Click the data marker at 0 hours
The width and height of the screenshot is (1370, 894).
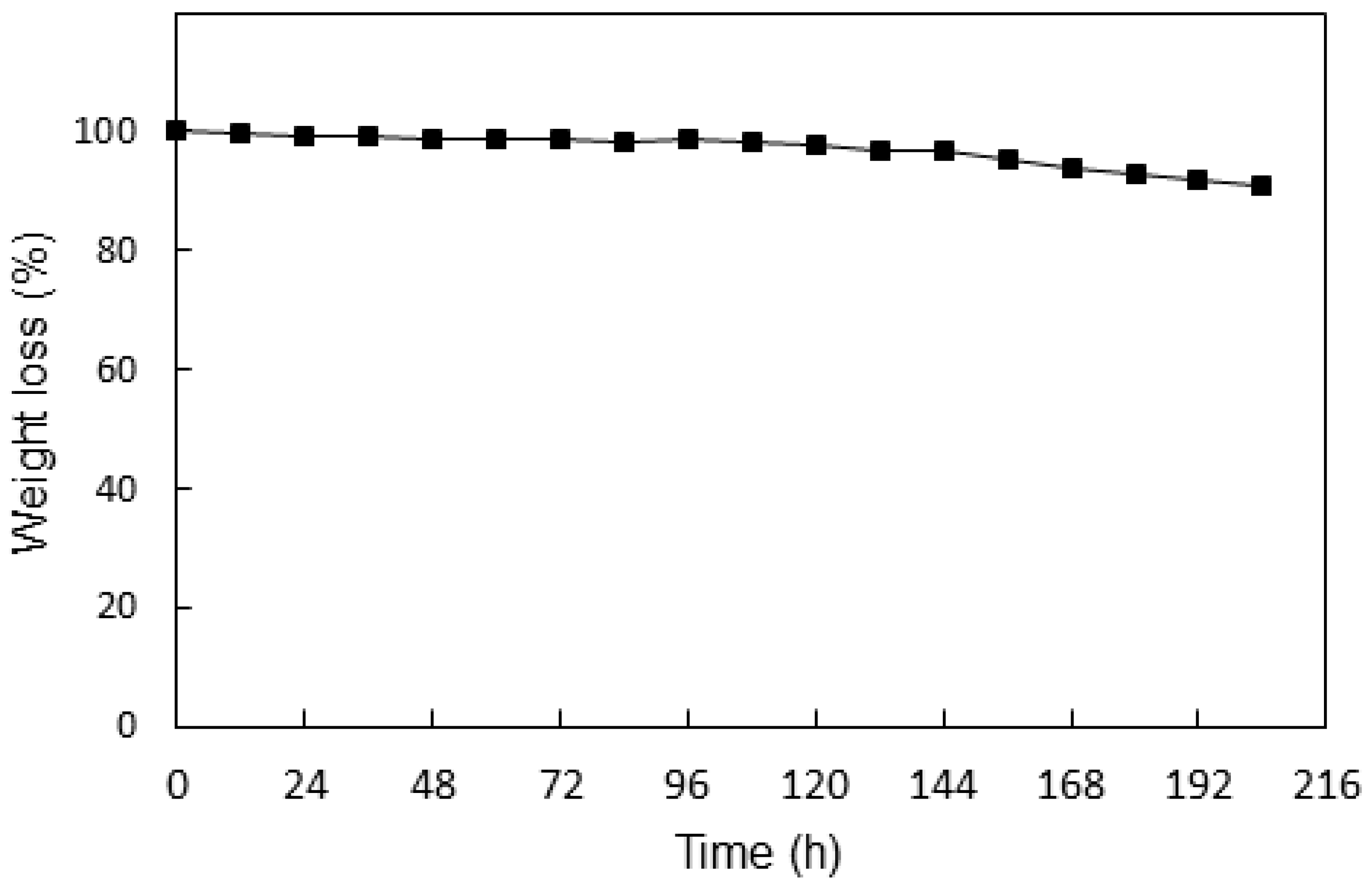[x=176, y=131]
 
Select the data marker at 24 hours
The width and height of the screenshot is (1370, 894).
[x=304, y=136]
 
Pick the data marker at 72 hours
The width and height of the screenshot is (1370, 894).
[x=560, y=139]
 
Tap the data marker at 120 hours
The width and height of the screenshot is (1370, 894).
[x=816, y=145]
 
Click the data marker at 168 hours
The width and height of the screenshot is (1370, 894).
[x=1072, y=169]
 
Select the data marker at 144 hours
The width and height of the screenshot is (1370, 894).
[x=945, y=151]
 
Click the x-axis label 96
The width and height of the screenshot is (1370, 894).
[x=687, y=784]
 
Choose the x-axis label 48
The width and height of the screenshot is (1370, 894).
[x=432, y=784]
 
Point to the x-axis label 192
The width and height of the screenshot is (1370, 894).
[x=1198, y=784]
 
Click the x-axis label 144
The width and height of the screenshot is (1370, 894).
[x=943, y=784]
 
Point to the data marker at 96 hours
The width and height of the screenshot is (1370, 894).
[x=688, y=139]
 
